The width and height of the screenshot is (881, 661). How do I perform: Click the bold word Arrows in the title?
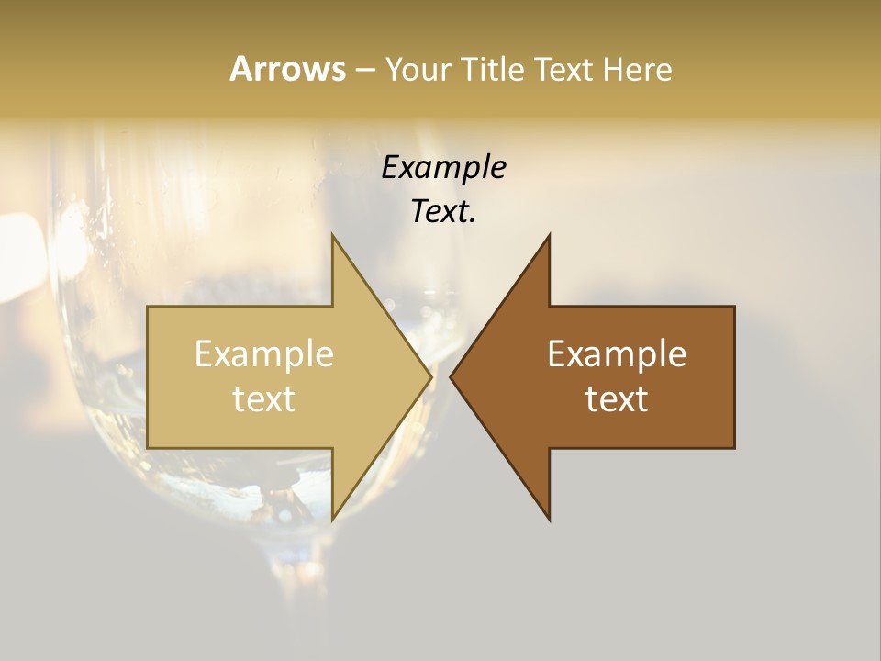click(x=287, y=69)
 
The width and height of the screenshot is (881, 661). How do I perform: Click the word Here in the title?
click(x=637, y=70)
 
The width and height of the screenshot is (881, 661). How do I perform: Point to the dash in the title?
click(x=365, y=71)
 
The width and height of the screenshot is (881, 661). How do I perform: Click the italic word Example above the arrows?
click(x=443, y=167)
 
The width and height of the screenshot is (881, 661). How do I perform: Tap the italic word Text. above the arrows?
click(x=443, y=212)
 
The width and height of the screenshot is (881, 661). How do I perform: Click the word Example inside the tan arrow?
click(x=264, y=354)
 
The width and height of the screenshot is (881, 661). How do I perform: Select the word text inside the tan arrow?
click(x=264, y=399)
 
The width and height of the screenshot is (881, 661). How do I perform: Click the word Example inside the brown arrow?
click(x=617, y=354)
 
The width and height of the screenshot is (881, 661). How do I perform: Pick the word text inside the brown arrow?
click(x=617, y=399)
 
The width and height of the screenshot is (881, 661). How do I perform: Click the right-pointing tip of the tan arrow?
click(x=429, y=376)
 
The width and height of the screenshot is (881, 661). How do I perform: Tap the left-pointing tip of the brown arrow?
click(x=452, y=376)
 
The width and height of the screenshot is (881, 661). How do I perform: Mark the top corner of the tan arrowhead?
click(x=332, y=236)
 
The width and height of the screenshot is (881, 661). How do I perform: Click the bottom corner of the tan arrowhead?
click(x=332, y=519)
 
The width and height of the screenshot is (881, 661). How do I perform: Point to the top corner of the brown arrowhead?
click(x=549, y=236)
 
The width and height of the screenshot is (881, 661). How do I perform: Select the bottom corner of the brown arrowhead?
click(x=549, y=519)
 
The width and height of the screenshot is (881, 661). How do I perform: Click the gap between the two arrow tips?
click(x=440, y=376)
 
